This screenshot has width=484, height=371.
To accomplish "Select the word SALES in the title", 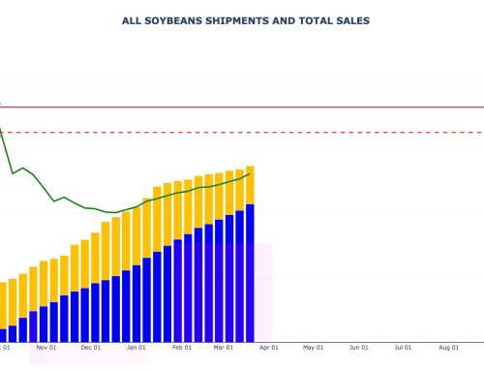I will [x=349, y=19].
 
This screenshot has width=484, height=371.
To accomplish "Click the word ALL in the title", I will [x=135, y=19].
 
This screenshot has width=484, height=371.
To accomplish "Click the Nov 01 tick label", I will [x=45, y=346].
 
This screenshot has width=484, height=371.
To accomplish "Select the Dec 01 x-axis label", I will [x=91, y=346].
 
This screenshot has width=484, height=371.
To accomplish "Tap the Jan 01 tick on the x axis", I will [x=136, y=346].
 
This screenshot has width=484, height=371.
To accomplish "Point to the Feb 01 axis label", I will [x=182, y=346].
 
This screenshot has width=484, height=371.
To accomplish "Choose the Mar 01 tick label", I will [x=223, y=346].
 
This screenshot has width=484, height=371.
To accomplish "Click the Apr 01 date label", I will [x=268, y=346].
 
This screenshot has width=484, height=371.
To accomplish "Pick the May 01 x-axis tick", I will [x=313, y=346].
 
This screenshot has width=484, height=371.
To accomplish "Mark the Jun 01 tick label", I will [x=358, y=346].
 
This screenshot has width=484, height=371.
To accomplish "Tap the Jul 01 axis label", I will [x=403, y=346].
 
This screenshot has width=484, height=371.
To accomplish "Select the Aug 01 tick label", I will [x=448, y=346].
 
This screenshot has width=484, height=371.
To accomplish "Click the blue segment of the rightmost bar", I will [x=250, y=271].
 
